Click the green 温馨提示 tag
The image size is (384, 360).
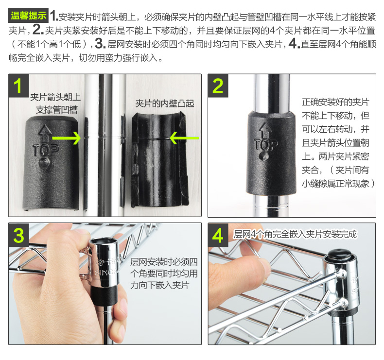pyautogui.click(x=28, y=16)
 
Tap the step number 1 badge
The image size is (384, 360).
pyautogui.click(x=18, y=86)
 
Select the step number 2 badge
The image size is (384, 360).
pyautogui.click(x=218, y=86)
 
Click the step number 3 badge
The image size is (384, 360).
pyautogui.click(x=19, y=235)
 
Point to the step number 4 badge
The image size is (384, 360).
pyautogui.click(x=218, y=235)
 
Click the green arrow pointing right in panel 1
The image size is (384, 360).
pyautogui.click(x=67, y=138)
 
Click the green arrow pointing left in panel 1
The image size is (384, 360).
pyautogui.click(x=184, y=138)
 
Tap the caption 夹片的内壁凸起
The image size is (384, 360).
pyautogui.click(x=165, y=103)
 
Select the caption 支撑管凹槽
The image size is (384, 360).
pyautogui.click(x=57, y=110)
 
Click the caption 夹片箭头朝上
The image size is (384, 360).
pyautogui.click(x=55, y=97)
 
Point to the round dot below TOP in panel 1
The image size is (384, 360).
pyautogui.click(x=44, y=162)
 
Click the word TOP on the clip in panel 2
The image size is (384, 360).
pyautogui.click(x=266, y=145)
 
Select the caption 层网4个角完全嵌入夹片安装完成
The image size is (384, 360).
pyautogui.click(x=295, y=234)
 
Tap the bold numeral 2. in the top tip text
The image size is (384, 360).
pyautogui.click(x=38, y=30)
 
